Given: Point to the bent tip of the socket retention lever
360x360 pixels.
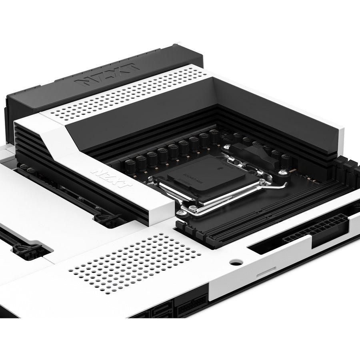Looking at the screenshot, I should point(285,184).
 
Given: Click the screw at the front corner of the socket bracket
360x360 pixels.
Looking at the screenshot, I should point(193,208).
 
